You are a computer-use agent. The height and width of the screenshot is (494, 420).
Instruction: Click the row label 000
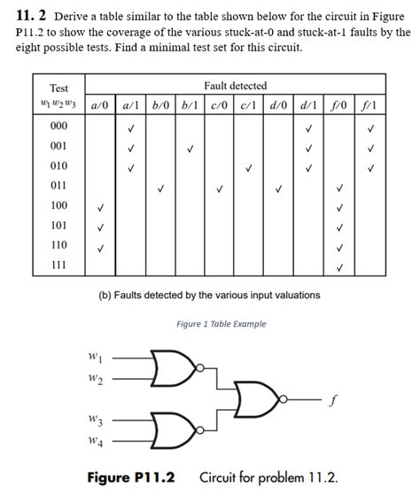tap(58, 127)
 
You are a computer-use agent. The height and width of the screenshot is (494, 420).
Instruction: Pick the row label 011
tap(58, 187)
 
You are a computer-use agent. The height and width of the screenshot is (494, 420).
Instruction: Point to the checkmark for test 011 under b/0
tap(160, 187)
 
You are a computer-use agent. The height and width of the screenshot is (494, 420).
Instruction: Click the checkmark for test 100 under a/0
tap(100, 207)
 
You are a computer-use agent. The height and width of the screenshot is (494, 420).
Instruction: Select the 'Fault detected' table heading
tap(235, 86)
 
